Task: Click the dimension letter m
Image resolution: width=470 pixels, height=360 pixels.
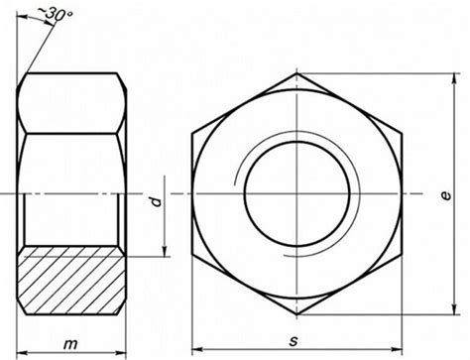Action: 70,345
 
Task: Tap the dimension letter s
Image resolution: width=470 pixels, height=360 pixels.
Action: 294,341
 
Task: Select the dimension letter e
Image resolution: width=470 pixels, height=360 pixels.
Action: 446,195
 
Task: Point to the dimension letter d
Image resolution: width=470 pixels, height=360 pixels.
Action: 156,201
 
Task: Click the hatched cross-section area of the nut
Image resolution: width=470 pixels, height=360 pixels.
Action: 71,281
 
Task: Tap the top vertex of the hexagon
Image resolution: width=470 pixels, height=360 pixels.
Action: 296,73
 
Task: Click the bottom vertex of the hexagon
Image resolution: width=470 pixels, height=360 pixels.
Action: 296,314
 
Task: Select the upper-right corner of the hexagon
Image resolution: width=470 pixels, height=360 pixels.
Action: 402,134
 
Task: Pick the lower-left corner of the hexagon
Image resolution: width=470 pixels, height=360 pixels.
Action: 192,254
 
